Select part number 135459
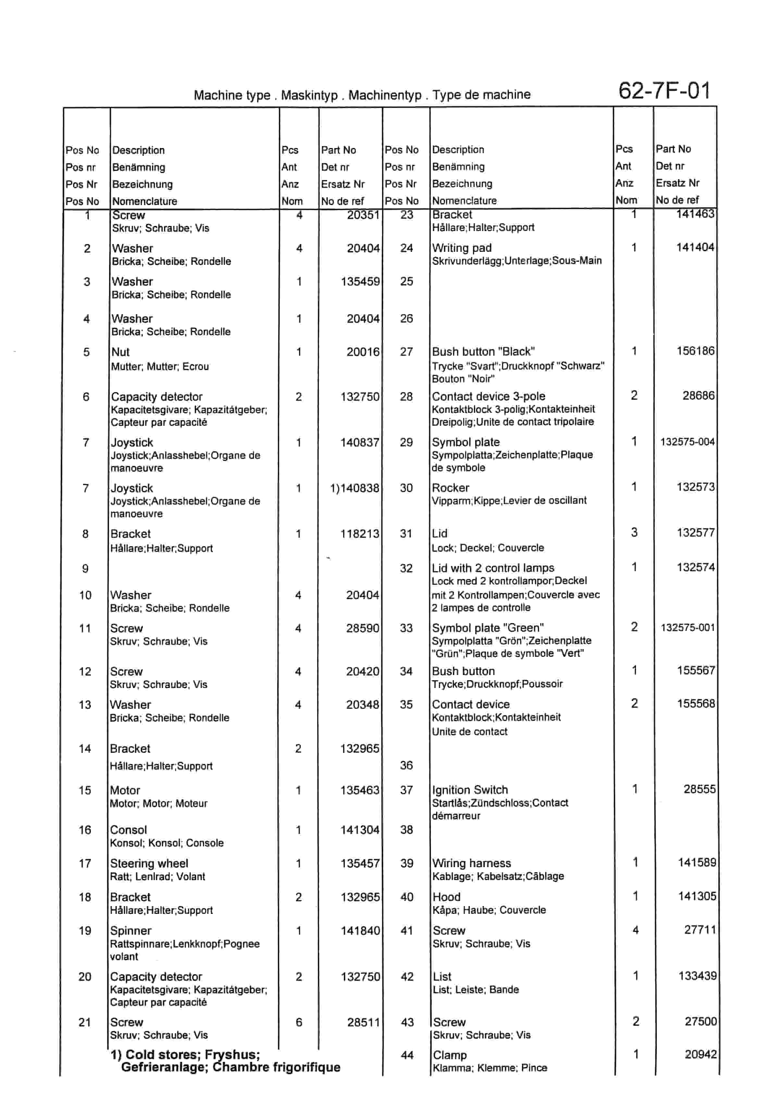[360, 281]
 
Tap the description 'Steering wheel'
[149, 863]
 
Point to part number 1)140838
[355, 488]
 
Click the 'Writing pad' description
[462, 248]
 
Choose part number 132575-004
[687, 442]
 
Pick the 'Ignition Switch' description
[470, 790]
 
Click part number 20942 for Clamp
[700, 1054]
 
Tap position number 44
[407, 1055]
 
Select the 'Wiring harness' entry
[471, 863]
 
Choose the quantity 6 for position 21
[299, 1022]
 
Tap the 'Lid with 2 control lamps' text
[493, 568]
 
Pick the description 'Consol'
[129, 830]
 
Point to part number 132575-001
[687, 627]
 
